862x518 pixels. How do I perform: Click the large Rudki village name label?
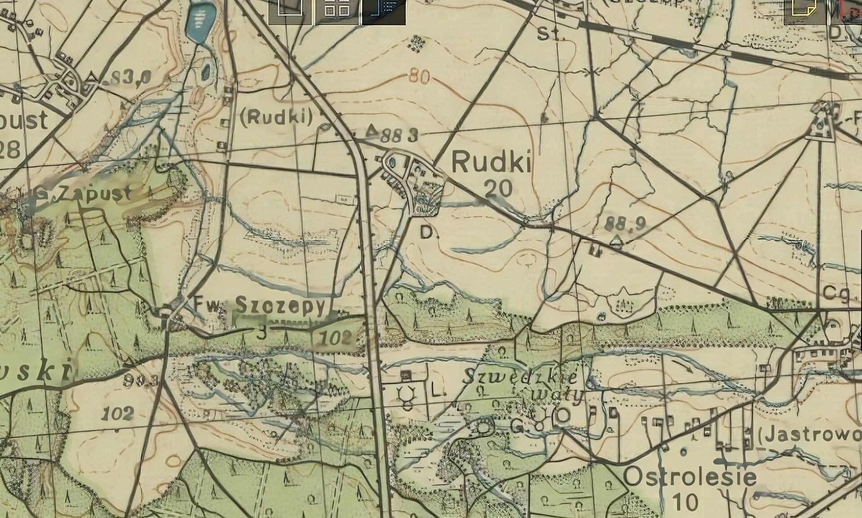(491, 162)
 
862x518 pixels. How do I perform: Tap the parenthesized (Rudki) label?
(276, 117)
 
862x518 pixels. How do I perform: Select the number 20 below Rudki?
(498, 188)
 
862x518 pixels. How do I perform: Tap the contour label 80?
(419, 77)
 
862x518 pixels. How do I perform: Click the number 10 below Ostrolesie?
(685, 502)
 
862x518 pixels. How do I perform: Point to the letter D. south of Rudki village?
(428, 232)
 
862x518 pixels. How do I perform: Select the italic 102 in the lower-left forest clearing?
(118, 413)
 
